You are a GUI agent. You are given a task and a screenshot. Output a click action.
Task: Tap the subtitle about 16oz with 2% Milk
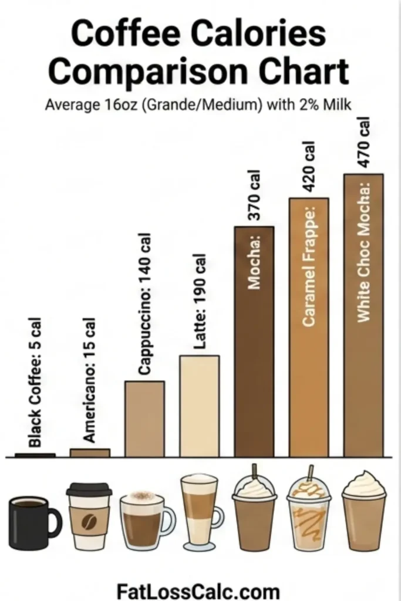[x=200, y=106]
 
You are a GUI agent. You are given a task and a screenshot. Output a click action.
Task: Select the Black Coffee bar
[x=35, y=455]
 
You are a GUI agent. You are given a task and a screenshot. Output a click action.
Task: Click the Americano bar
[x=90, y=453]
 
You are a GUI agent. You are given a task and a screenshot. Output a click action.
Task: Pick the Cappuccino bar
[x=144, y=418]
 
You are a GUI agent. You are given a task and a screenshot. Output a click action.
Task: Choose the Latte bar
[x=199, y=406]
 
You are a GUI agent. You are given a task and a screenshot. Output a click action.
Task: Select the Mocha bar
[x=254, y=352]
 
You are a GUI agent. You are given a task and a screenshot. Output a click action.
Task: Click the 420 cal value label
[x=309, y=167]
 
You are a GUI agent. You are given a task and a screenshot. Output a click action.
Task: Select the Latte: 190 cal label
[x=200, y=302]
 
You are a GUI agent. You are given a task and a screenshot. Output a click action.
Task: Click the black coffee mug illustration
[x=33, y=522]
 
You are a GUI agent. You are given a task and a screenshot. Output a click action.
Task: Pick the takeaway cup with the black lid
[x=89, y=516]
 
